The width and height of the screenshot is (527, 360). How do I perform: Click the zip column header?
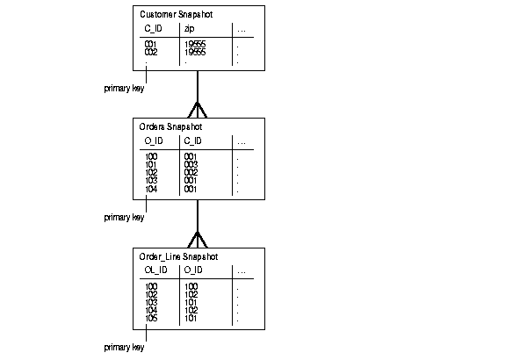tap(189, 30)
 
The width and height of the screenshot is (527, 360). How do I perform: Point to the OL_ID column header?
tap(155, 270)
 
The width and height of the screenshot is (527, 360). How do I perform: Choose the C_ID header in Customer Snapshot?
tap(154, 30)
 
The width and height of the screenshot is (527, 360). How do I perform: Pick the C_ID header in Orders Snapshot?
tap(193, 141)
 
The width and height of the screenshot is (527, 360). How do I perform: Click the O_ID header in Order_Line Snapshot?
tap(193, 270)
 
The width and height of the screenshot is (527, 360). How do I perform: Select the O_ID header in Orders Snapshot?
tap(154, 141)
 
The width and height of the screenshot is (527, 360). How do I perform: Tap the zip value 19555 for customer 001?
tap(194, 44)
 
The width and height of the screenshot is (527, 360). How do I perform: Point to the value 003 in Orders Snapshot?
tap(191, 164)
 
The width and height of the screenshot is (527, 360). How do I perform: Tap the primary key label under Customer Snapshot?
tap(124, 88)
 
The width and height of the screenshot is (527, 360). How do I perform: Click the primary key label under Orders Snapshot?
tap(124, 217)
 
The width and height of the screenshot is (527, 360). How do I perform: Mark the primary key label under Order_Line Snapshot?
tap(124, 347)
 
